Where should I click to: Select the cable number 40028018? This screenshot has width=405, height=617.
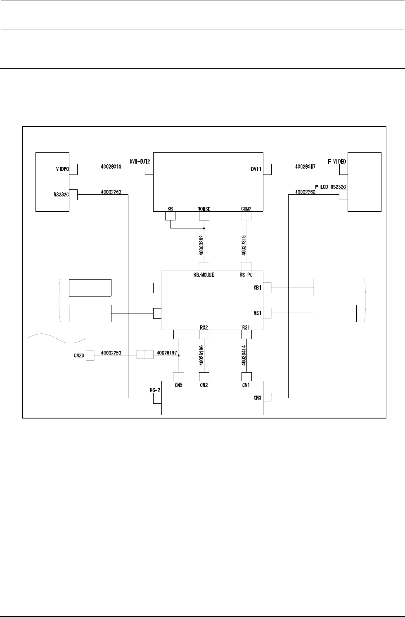pyautogui.click(x=111, y=167)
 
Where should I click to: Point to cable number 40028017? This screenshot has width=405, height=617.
pyautogui.click(x=305, y=167)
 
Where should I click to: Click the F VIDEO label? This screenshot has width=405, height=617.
pyautogui.click(x=337, y=161)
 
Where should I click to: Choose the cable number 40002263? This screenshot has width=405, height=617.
pyautogui.click(x=111, y=192)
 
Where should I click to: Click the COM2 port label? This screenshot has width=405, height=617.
pyautogui.click(x=246, y=208)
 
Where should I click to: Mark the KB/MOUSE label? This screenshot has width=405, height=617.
pyautogui.click(x=204, y=275)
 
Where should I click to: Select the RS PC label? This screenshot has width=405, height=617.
pyautogui.click(x=246, y=275)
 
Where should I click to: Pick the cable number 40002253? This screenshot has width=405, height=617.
pyautogui.click(x=111, y=353)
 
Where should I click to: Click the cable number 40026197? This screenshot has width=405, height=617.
pyautogui.click(x=166, y=353)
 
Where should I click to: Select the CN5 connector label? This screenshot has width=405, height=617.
pyautogui.click(x=178, y=385)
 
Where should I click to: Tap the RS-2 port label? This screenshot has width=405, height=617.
pyautogui.click(x=155, y=390)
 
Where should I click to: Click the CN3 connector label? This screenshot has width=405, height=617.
pyautogui.click(x=257, y=398)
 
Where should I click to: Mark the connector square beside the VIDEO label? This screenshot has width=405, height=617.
pyautogui.click(x=73, y=169)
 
